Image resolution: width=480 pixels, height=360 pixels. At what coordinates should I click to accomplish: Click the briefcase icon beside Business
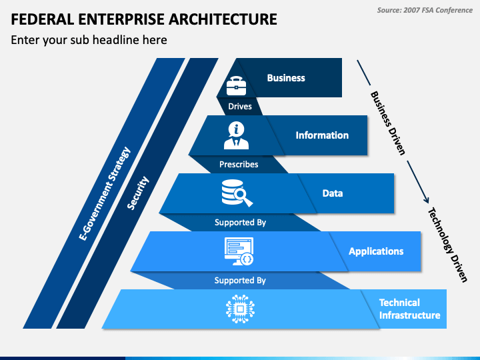click(x=236, y=86)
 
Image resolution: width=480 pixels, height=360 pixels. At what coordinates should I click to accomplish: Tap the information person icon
click(x=236, y=135)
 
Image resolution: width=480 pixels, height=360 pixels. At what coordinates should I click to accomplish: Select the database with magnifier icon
click(x=237, y=193)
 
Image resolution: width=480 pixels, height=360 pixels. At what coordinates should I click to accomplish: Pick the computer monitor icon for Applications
click(x=239, y=251)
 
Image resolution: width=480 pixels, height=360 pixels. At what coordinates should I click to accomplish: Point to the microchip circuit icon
click(x=240, y=309)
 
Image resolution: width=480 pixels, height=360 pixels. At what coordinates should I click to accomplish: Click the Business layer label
click(x=286, y=78)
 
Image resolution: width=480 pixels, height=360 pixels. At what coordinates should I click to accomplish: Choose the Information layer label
click(x=322, y=135)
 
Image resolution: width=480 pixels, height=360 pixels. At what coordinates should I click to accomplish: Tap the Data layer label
click(x=333, y=193)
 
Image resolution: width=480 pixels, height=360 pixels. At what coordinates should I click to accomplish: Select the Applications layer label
click(x=376, y=251)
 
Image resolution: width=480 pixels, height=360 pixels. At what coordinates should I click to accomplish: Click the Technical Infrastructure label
click(x=409, y=309)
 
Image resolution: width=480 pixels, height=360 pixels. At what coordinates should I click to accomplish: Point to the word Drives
click(x=240, y=107)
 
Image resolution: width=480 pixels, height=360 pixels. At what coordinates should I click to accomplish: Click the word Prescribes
click(x=239, y=165)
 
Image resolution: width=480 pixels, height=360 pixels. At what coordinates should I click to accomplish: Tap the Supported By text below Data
click(x=240, y=223)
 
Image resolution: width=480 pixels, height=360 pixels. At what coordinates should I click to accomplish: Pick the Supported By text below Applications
click(x=240, y=281)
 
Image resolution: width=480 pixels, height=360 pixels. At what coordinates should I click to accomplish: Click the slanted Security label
click(x=138, y=193)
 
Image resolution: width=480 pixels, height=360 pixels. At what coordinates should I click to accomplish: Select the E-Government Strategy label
click(x=105, y=193)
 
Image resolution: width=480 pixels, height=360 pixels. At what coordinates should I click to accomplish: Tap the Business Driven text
click(x=388, y=123)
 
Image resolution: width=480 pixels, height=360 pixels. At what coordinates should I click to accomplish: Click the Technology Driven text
click(x=447, y=245)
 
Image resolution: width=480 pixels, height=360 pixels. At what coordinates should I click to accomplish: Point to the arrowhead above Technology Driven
click(x=427, y=201)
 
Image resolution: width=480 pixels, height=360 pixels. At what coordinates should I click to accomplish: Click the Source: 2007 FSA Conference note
click(x=425, y=11)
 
